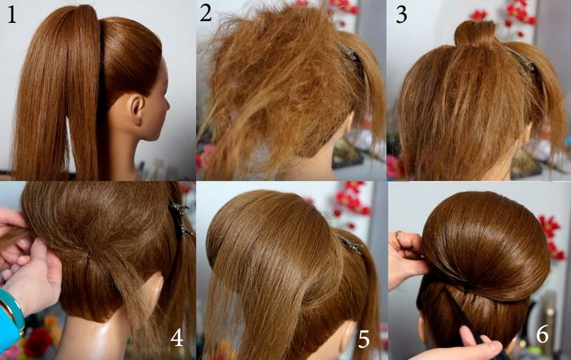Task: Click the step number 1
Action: [x=11, y=15]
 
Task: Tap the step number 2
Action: [x=206, y=13]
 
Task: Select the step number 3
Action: [x=401, y=15]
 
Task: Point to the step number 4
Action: [x=176, y=337]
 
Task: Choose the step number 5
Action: [x=363, y=340]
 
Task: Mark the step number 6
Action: [x=542, y=334]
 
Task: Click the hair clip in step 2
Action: [x=350, y=56]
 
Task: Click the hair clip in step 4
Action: [x=181, y=219]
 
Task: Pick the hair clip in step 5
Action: [x=351, y=245]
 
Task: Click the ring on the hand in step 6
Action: [x=399, y=238]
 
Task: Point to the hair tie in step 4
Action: [x=88, y=254]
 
